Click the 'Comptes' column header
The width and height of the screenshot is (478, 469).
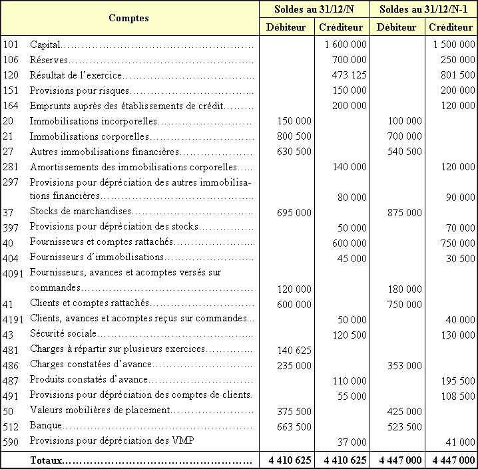pyautogui.click(x=128, y=18)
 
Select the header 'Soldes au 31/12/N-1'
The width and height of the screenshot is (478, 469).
pyautogui.click(x=423, y=9)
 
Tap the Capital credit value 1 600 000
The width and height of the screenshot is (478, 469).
pyautogui.click(x=346, y=45)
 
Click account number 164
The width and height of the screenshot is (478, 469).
pyautogui.click(x=11, y=105)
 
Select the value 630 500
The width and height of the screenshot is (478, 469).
pyautogui.click(x=293, y=151)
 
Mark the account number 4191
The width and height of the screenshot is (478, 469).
pyautogui.click(x=14, y=319)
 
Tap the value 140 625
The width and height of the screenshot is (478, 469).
pyautogui.click(x=293, y=349)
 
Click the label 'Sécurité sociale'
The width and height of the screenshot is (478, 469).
pyautogui.click(x=63, y=333)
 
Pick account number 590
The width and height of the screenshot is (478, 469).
pyautogui.click(x=11, y=440)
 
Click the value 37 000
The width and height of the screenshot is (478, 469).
pyautogui.click(x=353, y=442)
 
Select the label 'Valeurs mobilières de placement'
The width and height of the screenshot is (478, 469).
pyautogui.click(x=100, y=410)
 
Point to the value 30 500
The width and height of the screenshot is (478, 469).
pyautogui.click(x=459, y=257)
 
